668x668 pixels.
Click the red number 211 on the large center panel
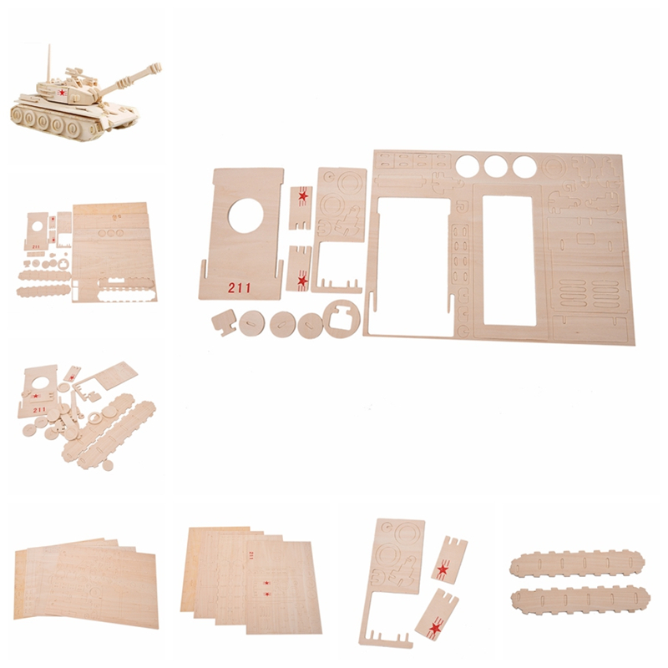[239, 287]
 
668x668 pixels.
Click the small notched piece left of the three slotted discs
[224, 321]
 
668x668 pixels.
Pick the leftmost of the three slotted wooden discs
[251, 323]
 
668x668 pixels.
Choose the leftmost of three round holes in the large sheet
[468, 165]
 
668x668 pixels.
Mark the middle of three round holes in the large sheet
[495, 166]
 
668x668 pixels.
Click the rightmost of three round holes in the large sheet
[524, 166]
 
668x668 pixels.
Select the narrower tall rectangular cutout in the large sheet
[509, 261]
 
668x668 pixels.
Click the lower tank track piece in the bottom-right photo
[580, 601]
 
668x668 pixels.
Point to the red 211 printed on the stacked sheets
[250, 554]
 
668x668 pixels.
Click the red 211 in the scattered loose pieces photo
[39, 410]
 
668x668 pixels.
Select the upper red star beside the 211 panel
[303, 196]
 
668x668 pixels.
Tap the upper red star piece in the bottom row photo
[443, 569]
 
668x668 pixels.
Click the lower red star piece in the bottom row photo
[435, 628]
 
